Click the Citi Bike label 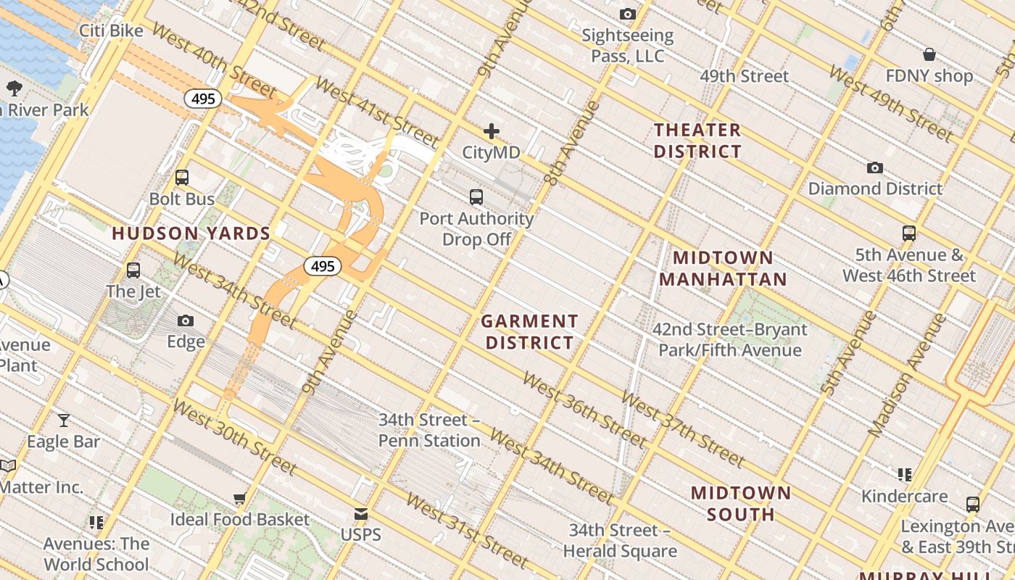pyautogui.click(x=112, y=30)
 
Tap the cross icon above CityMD pyautogui.click(x=492, y=131)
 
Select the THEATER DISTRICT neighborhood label pyautogui.click(x=697, y=141)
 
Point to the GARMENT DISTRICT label pyautogui.click(x=530, y=331)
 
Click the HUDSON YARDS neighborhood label pyautogui.click(x=191, y=233)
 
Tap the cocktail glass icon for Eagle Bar pyautogui.click(x=64, y=420)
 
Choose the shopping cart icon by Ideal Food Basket pyautogui.click(x=239, y=499)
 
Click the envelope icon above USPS pyautogui.click(x=360, y=515)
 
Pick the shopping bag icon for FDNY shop pyautogui.click(x=929, y=54)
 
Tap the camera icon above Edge pyautogui.click(x=186, y=320)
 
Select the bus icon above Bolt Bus pyautogui.click(x=182, y=178)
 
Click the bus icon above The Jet pyautogui.click(x=133, y=270)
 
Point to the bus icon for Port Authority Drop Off pyautogui.click(x=476, y=196)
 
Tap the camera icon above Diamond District pyautogui.click(x=875, y=168)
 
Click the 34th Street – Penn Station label pyautogui.click(x=429, y=430)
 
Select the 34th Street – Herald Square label pyautogui.click(x=620, y=541)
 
